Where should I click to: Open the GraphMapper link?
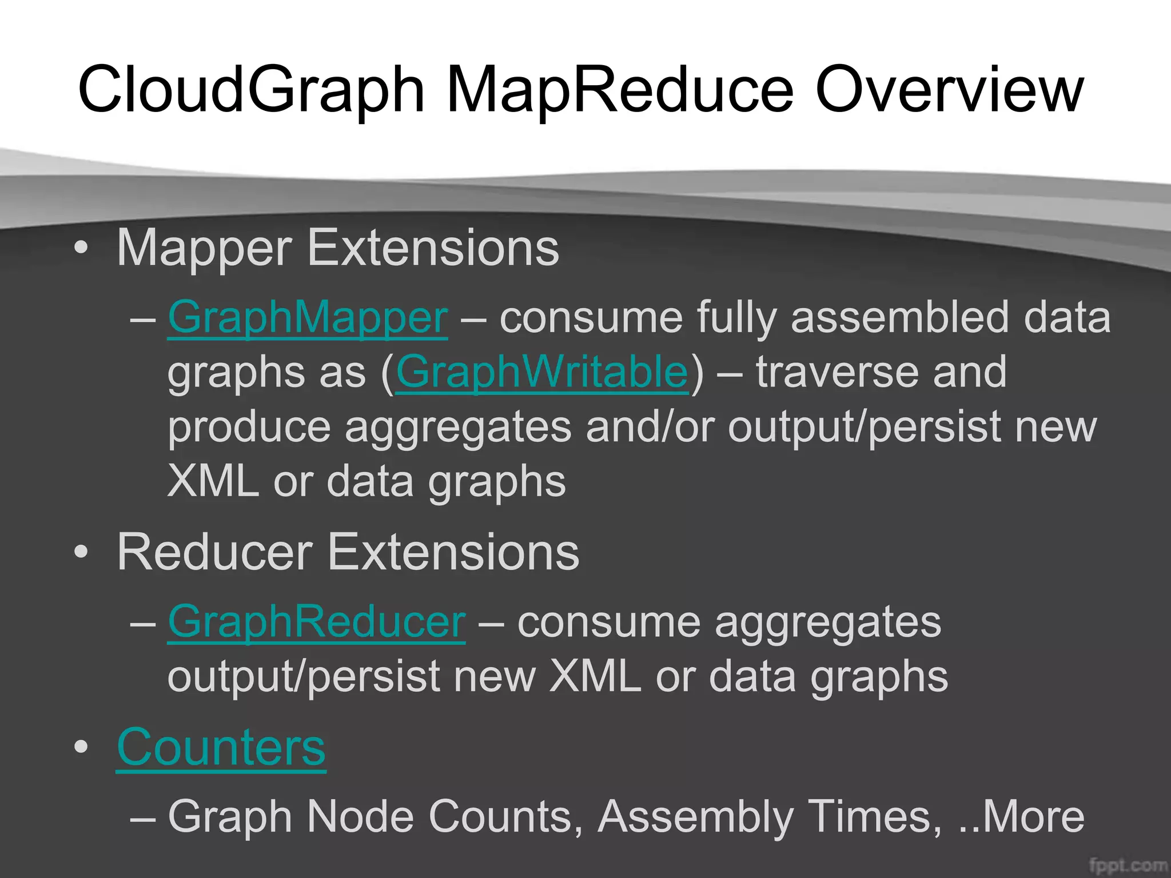[x=308, y=317]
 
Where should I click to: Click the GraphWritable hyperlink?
[x=541, y=372]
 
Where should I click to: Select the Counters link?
[x=221, y=747]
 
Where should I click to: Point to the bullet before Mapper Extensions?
[x=81, y=248]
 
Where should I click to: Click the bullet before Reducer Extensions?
[x=81, y=552]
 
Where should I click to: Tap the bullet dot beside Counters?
[x=81, y=747]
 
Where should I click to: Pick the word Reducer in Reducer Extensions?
[x=214, y=552]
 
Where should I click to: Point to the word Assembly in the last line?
[x=695, y=816]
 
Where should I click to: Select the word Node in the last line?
[x=360, y=816]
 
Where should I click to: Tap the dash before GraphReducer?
[x=143, y=622]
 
